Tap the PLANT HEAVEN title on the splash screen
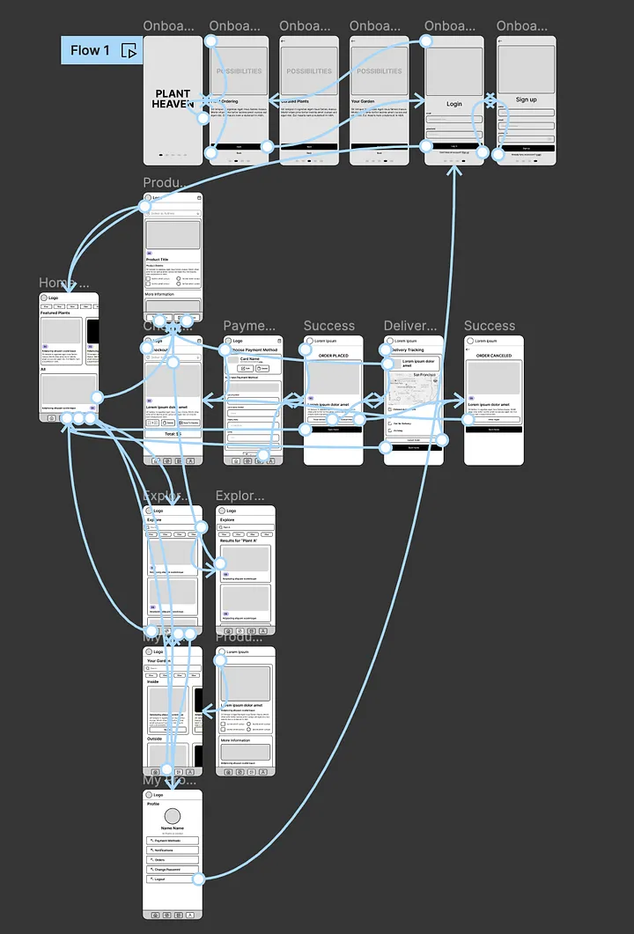[173, 99]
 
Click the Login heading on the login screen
[453, 104]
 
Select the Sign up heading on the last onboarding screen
[526, 99]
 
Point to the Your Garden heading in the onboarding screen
[363, 101]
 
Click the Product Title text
[158, 260]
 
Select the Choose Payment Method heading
[254, 350]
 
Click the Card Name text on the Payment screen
[250, 359]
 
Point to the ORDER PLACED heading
[333, 356]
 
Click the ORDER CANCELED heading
[494, 356]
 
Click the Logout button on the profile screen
[173, 879]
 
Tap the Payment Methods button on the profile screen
[173, 841]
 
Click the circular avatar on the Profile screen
[173, 816]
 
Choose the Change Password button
[173, 869]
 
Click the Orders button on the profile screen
[173, 859]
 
